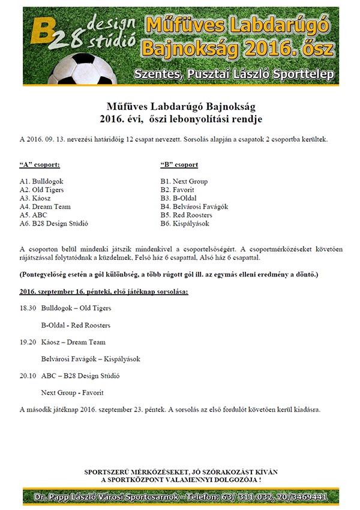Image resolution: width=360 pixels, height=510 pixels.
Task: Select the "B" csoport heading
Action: (x=179, y=164)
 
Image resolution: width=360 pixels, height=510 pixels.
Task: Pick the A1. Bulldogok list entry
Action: (x=41, y=181)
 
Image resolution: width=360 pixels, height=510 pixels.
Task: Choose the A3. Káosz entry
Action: (x=35, y=198)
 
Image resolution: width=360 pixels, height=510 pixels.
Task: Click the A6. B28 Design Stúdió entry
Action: (x=53, y=224)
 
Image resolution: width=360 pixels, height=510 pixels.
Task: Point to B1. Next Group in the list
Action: (x=184, y=181)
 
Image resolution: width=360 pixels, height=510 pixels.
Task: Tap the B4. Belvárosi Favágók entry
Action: (x=194, y=206)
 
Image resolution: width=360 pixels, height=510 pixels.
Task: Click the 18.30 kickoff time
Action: (x=28, y=308)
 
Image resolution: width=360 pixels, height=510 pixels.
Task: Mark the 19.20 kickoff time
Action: (x=28, y=342)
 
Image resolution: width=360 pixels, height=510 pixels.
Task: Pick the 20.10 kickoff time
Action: (x=28, y=376)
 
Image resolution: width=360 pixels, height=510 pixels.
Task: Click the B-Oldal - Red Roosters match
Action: (x=76, y=325)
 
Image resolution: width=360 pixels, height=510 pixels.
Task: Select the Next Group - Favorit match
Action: (x=72, y=393)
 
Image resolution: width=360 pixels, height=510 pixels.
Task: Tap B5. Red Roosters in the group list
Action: (x=186, y=215)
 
